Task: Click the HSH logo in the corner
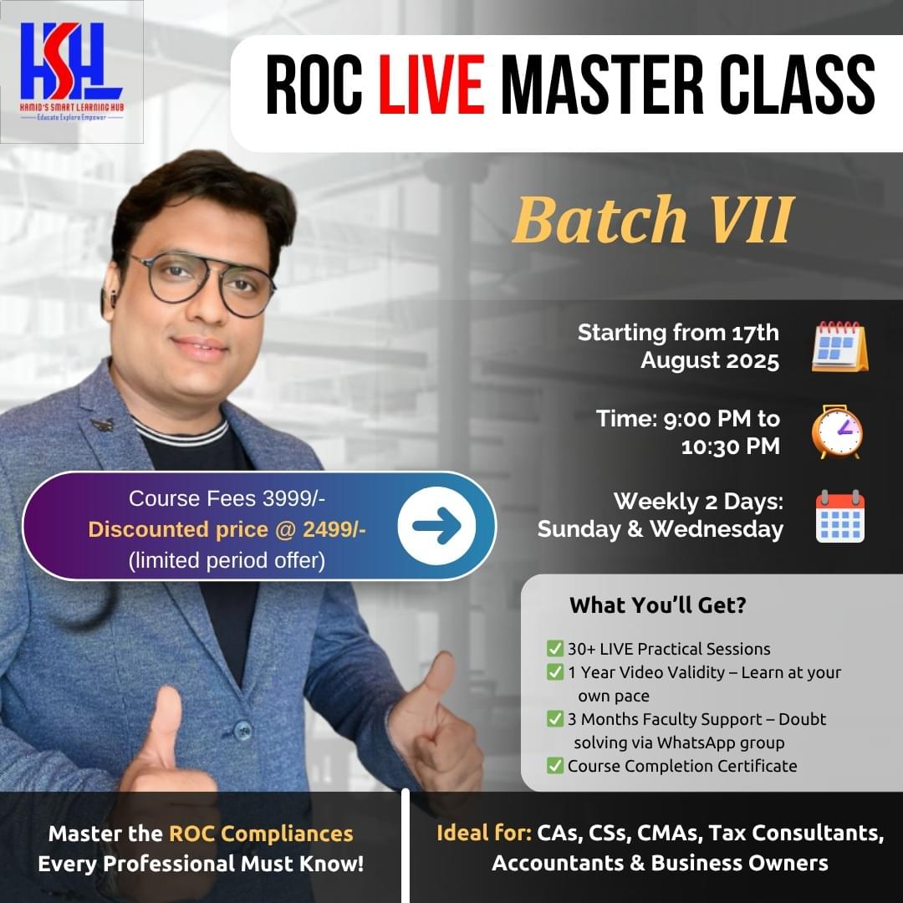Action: point(71,71)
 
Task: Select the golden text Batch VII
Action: point(651,221)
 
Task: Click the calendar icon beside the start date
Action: point(839,346)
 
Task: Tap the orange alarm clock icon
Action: point(837,431)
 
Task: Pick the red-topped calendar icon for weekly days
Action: point(839,516)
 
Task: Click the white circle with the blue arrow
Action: point(436,526)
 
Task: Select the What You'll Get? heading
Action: point(657,605)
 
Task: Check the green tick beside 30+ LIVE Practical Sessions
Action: point(554,648)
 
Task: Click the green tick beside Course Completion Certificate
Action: point(554,765)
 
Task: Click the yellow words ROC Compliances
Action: point(261,834)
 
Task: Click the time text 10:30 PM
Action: point(730,446)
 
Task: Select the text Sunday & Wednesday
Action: point(661,529)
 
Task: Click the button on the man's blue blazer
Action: point(242,728)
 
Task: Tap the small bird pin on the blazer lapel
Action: point(103,425)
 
